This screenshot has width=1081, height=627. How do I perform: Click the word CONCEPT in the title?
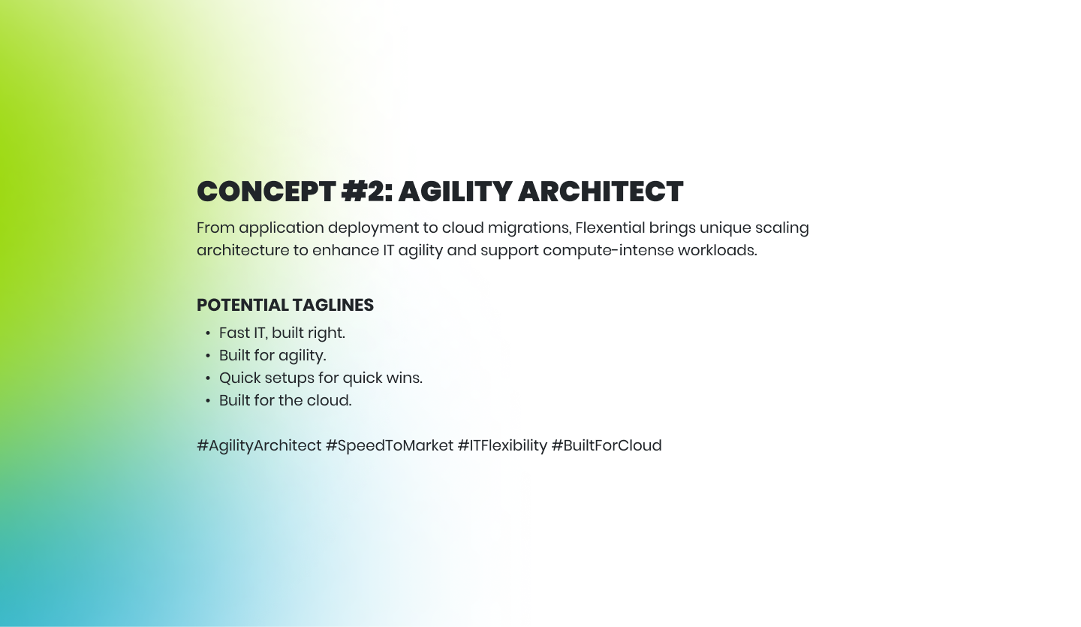[x=266, y=191]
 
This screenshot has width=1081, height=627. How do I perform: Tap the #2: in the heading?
[x=367, y=191]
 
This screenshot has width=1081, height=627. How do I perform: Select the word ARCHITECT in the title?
[x=601, y=191]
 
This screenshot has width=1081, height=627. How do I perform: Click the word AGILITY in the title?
[x=455, y=191]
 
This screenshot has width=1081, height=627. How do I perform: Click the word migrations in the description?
[x=529, y=228]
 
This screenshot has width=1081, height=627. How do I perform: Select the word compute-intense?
[x=608, y=251]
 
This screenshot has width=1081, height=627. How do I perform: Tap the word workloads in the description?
[x=718, y=250]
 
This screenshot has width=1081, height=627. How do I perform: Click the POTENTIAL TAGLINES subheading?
[x=285, y=305]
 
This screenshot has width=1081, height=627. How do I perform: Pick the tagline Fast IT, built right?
[x=282, y=333]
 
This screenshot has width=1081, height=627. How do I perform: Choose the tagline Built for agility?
[x=273, y=356]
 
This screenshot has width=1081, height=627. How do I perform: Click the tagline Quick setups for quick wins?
[x=321, y=378]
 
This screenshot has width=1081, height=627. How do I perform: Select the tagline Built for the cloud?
[x=285, y=400]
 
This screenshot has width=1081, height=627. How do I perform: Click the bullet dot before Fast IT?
[x=208, y=333]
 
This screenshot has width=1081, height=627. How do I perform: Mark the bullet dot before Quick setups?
[x=208, y=378]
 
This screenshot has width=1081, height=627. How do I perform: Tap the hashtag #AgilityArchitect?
[x=259, y=445]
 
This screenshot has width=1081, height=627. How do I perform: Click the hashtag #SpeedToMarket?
[x=390, y=445]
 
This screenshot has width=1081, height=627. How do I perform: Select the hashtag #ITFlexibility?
[x=502, y=445]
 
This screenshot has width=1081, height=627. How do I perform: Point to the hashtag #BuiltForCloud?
[x=607, y=445]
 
